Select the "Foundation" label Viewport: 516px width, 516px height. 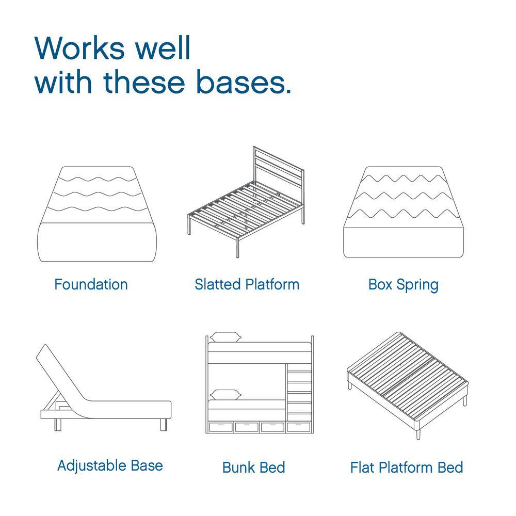coord(91,284)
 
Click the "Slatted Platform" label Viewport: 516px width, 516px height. coord(247,284)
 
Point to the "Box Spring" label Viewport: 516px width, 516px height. coord(404,284)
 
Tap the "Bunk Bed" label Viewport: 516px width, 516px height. coord(253,467)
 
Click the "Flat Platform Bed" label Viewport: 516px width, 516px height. coord(407,467)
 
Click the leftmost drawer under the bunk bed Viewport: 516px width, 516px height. coord(220,427)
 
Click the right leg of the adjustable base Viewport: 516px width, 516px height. coord(164,424)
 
